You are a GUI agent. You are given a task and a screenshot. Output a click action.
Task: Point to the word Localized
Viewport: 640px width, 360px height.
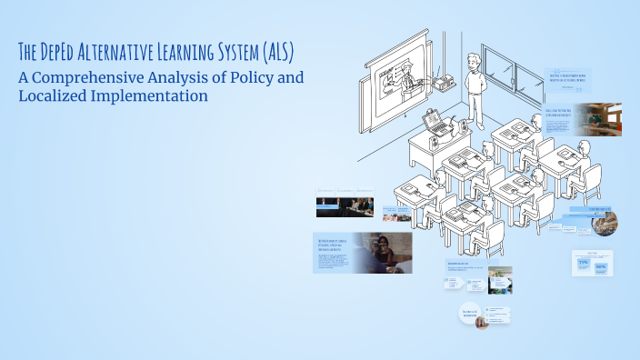click(x=62, y=95)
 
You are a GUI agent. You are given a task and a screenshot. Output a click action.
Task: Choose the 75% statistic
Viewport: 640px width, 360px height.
click(x=584, y=263)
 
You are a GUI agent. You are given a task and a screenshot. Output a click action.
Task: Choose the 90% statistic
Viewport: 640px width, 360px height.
click(x=601, y=267)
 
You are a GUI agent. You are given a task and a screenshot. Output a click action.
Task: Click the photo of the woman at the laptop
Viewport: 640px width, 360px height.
click(x=382, y=253)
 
